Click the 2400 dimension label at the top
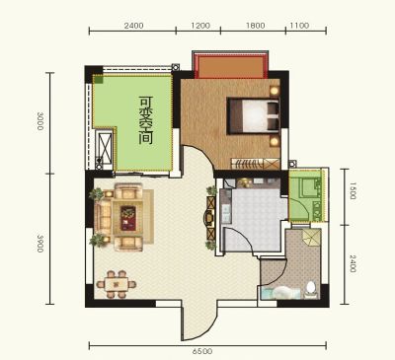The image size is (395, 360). coord(133,26)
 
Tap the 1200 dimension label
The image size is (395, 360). coord(200,26)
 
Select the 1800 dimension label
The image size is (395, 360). coord(255,26)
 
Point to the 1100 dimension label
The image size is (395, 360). coord(299,26)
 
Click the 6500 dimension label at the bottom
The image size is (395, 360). coord(202,351)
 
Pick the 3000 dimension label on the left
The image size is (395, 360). coord(40,121)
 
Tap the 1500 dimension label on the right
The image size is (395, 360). coord(352,190)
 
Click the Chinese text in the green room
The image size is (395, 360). coord(146,120)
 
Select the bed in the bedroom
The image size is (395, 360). coord(253,115)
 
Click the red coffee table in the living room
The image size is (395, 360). coord(128,218)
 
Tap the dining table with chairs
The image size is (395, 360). coord(117,284)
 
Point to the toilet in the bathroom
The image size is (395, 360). coord(310,288)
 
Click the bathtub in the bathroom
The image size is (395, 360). coord(280,293)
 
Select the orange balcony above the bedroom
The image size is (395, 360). coord(230,66)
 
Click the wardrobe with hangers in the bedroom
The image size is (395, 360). coord(256,164)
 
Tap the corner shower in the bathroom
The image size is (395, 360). coord(311,238)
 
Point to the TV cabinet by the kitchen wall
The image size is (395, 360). coord(210,218)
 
